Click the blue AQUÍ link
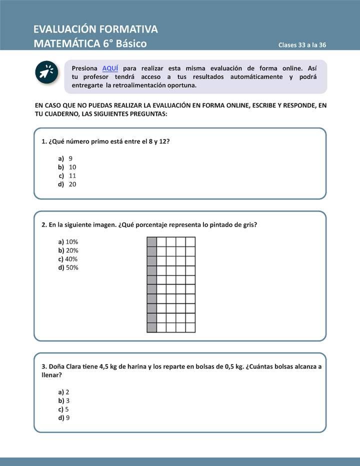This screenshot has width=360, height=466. pos(110,68)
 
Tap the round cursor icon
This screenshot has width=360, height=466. pos(47,73)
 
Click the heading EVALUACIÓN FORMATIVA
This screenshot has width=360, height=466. pos(95,29)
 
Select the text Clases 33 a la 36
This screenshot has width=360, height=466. pos(302,45)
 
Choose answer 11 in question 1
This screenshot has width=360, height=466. pos(72,175)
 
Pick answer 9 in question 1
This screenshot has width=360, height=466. pos(70,158)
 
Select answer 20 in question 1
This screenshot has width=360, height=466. pos(72,184)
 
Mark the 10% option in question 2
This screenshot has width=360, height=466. pos(71,241)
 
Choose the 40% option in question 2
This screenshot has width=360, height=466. pos(71,259)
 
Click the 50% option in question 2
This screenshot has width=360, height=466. pos(71,267)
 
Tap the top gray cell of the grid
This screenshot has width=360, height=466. pos(151,242)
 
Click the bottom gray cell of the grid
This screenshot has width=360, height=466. pos(151,327)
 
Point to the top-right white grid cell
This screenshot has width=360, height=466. pos(190,242)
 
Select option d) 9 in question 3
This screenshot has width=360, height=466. pos(67,417)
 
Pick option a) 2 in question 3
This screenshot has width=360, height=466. pos(67,392)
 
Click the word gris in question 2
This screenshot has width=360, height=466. pos(248,224)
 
